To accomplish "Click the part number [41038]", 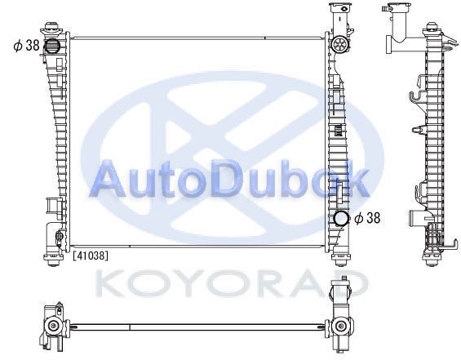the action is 91,256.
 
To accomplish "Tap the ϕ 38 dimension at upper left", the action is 26,46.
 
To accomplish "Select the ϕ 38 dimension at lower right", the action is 367,218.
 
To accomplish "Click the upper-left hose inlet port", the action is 51,46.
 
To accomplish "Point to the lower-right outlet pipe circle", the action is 342,219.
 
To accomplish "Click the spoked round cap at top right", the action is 340,44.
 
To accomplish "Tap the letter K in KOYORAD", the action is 110,283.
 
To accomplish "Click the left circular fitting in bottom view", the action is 53,325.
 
